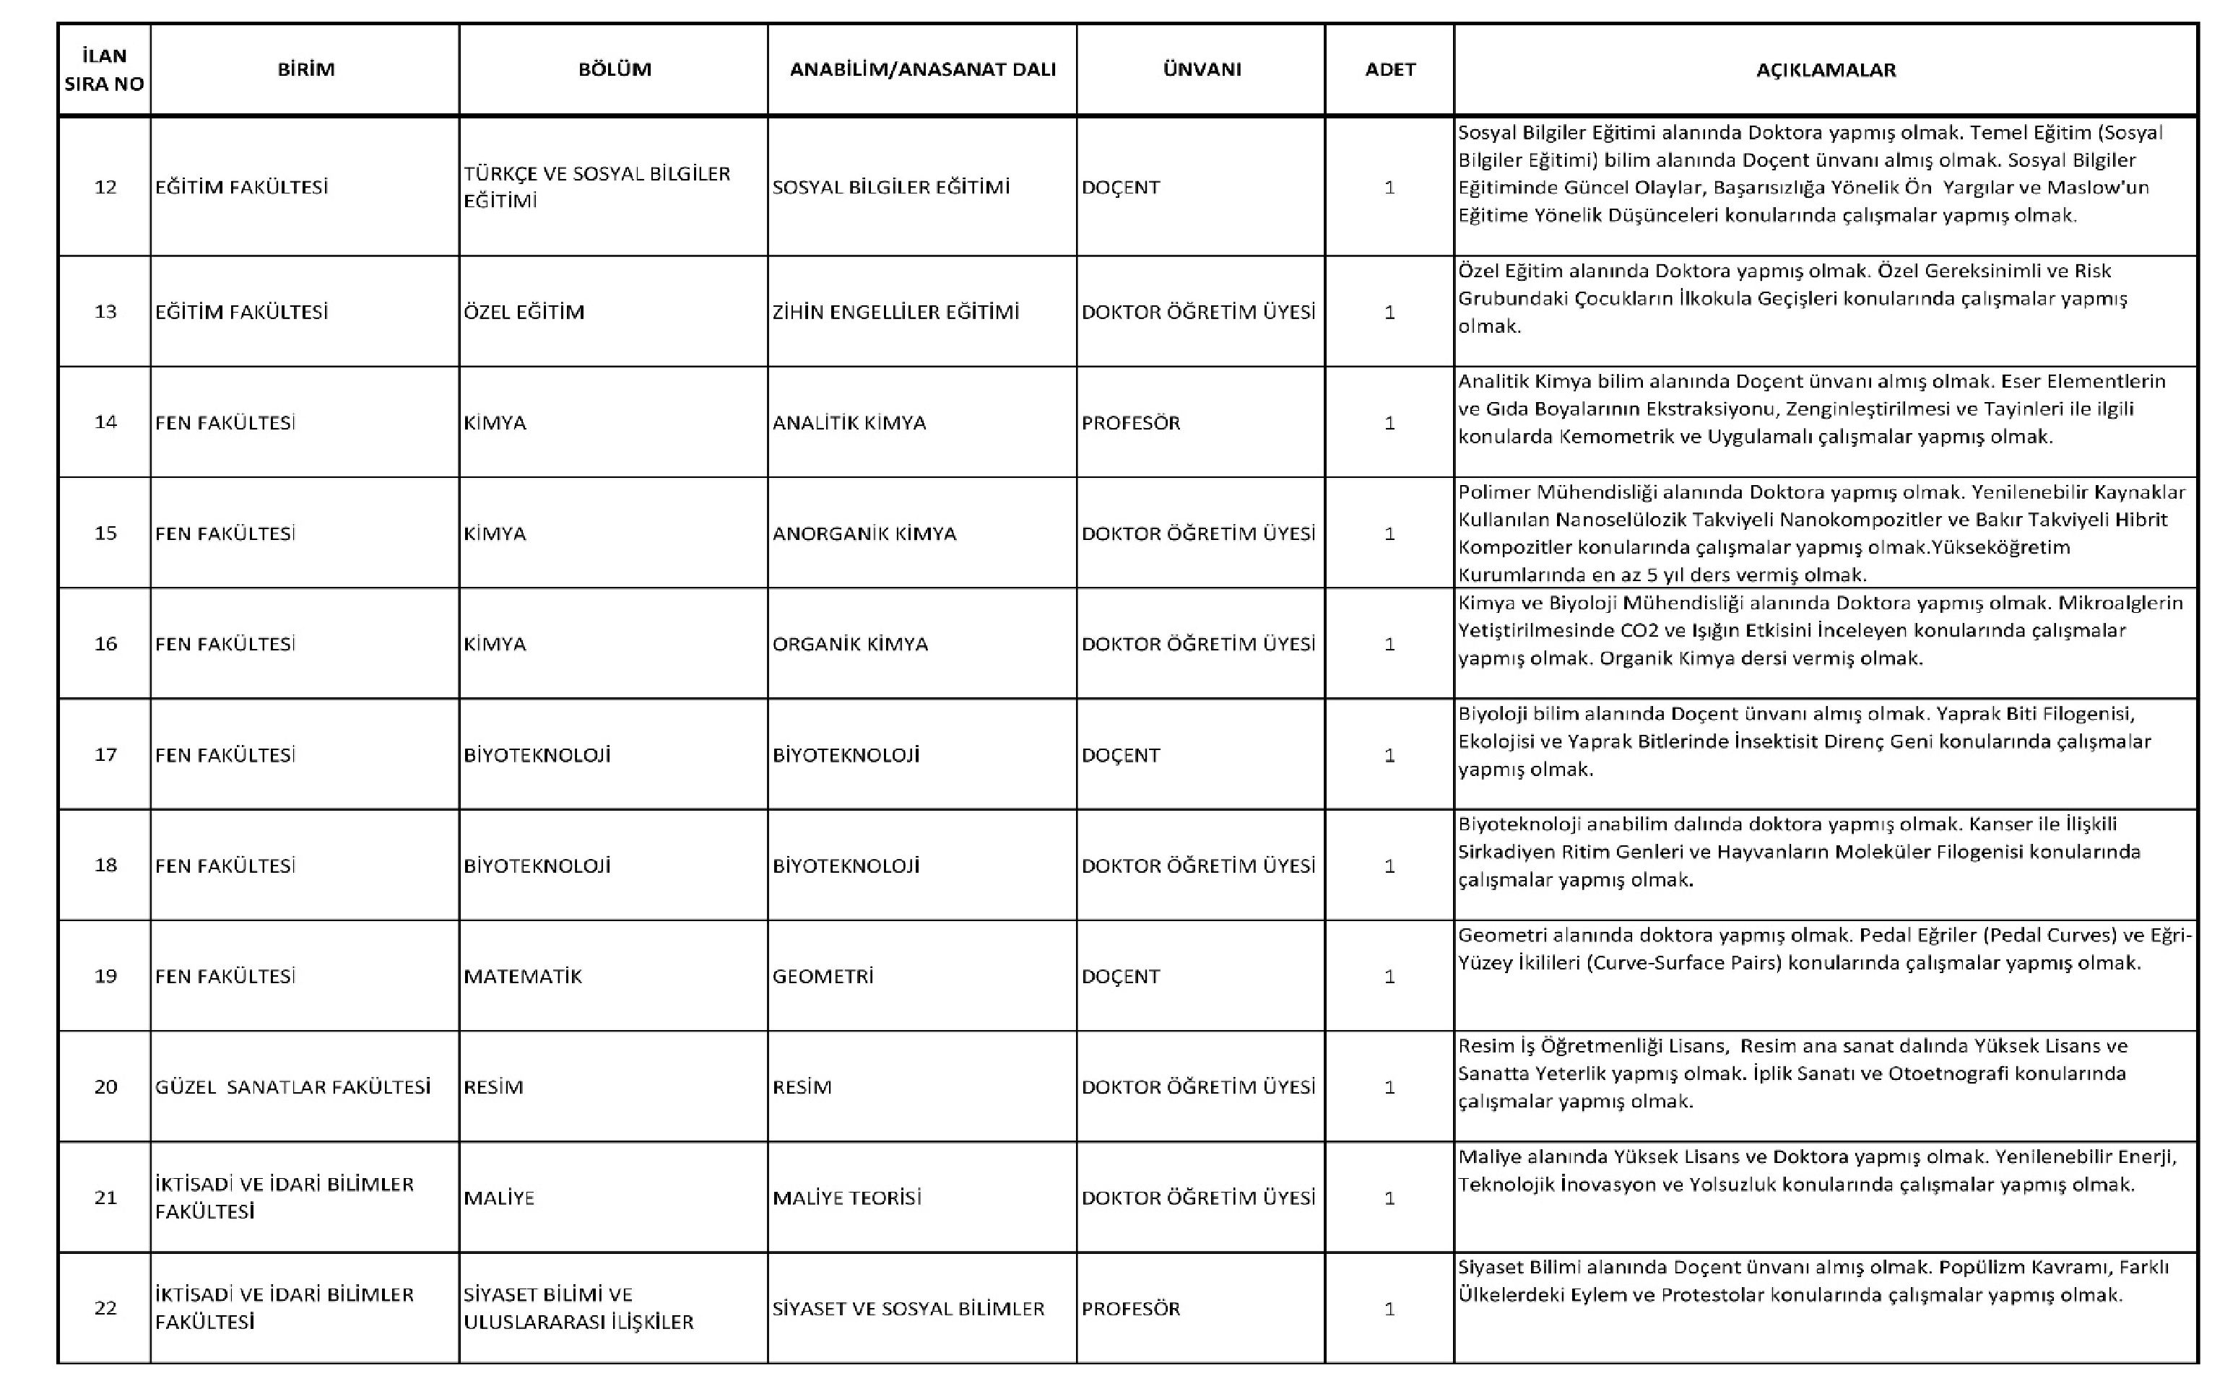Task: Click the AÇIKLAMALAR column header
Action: pyautogui.click(x=1826, y=70)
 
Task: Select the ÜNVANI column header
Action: pyautogui.click(x=1201, y=70)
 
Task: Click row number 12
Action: pyautogui.click(x=105, y=187)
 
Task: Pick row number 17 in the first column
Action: pyautogui.click(x=105, y=754)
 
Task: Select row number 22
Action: pyautogui.click(x=105, y=1308)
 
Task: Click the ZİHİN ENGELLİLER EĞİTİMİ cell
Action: pyautogui.click(x=895, y=312)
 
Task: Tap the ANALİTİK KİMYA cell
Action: pyautogui.click(x=849, y=422)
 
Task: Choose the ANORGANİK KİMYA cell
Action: pyautogui.click(x=864, y=533)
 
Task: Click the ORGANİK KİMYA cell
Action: pyautogui.click(x=850, y=643)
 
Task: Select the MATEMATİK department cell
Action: pyautogui.click(x=523, y=976)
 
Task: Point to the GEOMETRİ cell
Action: pyautogui.click(x=823, y=976)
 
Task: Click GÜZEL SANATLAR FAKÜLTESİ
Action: pyautogui.click(x=292, y=1087)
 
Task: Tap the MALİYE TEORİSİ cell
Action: pyautogui.click(x=846, y=1197)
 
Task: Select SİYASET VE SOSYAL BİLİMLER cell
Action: pyautogui.click(x=908, y=1308)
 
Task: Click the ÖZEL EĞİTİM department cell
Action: pyautogui.click(x=524, y=312)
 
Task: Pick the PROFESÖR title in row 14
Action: pyautogui.click(x=1130, y=422)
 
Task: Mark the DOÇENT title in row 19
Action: pyautogui.click(x=1120, y=976)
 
